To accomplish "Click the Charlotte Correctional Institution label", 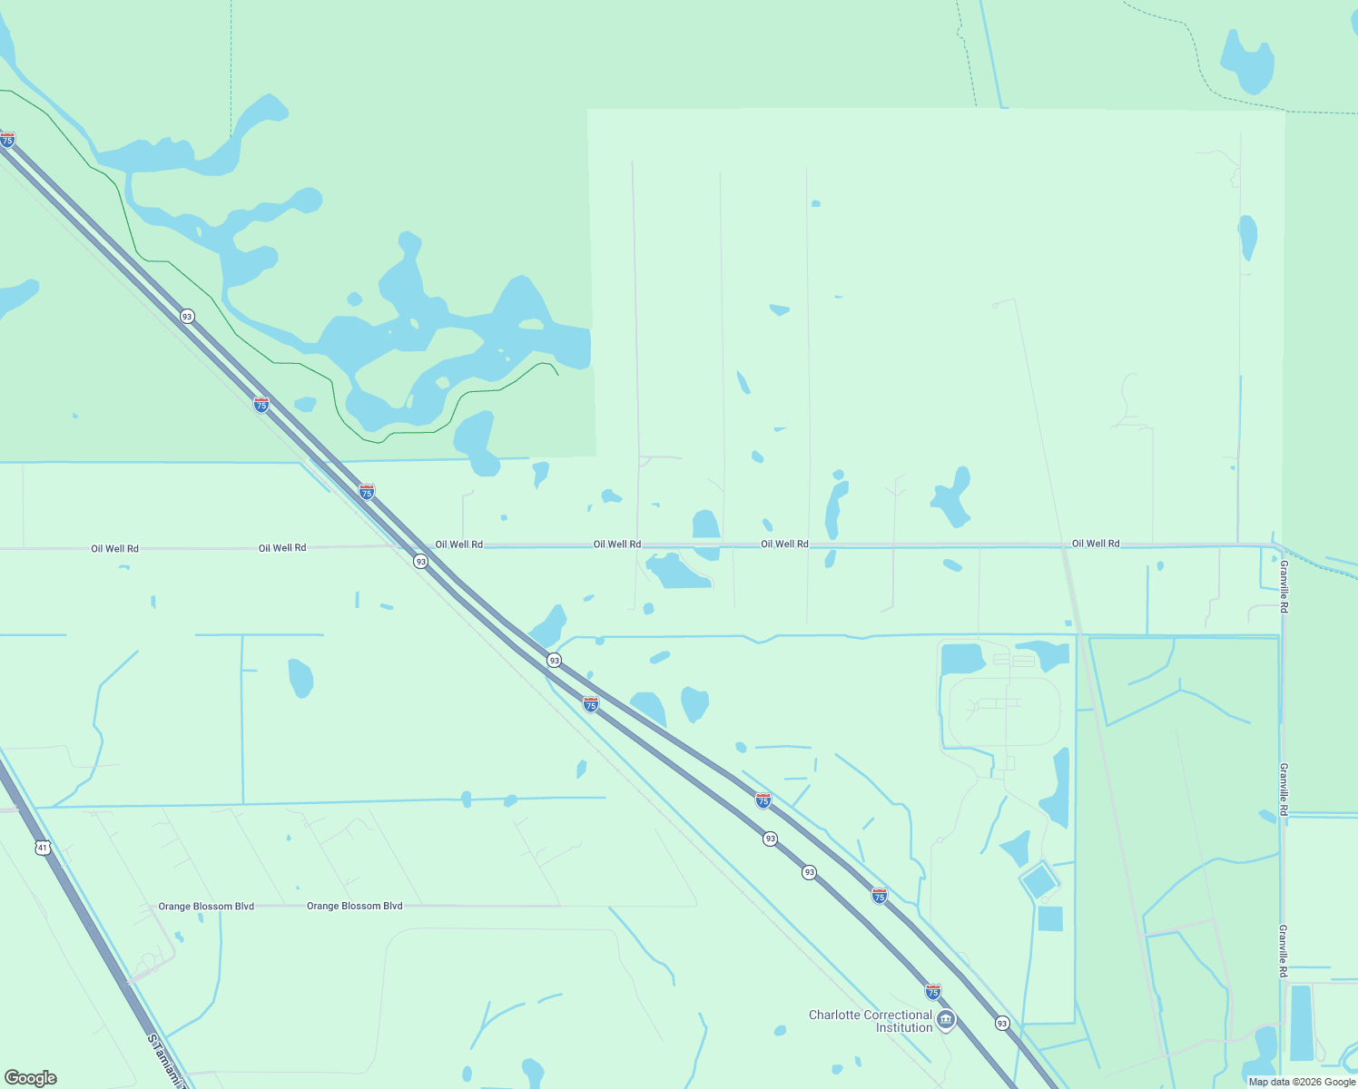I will click(870, 1021).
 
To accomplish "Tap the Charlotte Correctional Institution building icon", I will click(946, 1020).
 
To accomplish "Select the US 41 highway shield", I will click(43, 848).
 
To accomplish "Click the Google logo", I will click(31, 1077).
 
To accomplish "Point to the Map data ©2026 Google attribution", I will click(1301, 1082).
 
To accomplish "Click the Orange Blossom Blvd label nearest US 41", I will click(206, 907).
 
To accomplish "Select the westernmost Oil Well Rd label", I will click(114, 549).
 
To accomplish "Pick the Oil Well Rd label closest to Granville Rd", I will click(1096, 544).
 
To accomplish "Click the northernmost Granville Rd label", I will click(1284, 586).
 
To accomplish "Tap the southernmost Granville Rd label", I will click(1283, 950).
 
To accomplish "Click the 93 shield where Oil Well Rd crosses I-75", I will click(420, 562).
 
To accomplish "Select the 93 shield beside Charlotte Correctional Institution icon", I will click(1002, 1023).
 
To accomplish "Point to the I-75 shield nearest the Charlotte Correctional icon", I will click(933, 991).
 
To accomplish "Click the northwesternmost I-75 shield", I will click(7, 140).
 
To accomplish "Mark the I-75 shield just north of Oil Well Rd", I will click(367, 492).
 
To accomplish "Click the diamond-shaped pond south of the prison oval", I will click(1038, 880).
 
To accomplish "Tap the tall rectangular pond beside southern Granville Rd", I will click(1301, 1022).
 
